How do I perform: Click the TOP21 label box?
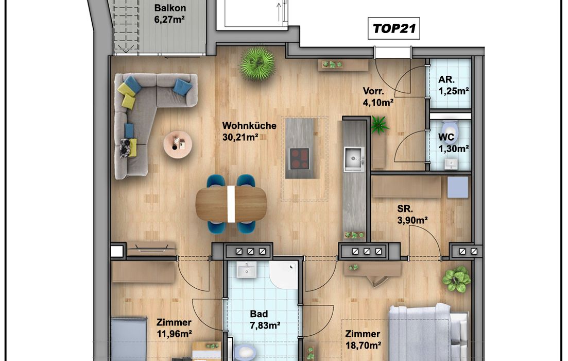[394, 28]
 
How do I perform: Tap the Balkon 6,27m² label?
[170, 13]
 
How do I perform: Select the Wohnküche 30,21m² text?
[249, 132]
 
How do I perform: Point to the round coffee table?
[177, 144]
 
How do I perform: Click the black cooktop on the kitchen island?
[299, 158]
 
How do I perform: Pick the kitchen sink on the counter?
[354, 159]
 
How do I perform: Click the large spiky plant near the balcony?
[257, 63]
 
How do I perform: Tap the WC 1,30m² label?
[454, 142]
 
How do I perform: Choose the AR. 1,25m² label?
[454, 85]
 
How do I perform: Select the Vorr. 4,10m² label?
[378, 97]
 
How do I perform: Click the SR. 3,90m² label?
[412, 215]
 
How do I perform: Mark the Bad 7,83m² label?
[265, 320]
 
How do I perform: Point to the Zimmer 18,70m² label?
[363, 339]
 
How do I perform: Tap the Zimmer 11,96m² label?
[174, 328]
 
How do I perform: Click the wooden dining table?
[231, 204]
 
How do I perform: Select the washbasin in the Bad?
[247, 269]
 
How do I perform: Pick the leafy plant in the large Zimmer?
[456, 279]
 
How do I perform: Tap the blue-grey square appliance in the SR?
[457, 187]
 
